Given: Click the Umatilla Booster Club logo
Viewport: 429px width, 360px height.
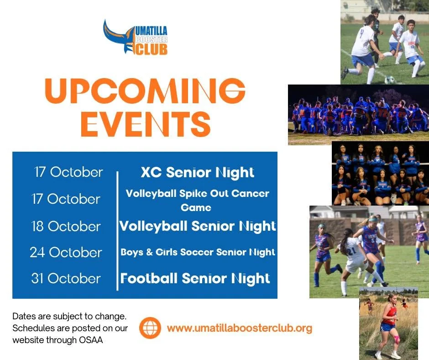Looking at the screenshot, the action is (136, 37).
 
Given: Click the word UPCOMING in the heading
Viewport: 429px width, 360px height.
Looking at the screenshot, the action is (145, 91).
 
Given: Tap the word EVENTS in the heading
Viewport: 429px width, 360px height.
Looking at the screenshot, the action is (146, 124).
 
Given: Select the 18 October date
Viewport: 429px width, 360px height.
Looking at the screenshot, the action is (66, 226).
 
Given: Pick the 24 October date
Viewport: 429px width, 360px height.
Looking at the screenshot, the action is (66, 252).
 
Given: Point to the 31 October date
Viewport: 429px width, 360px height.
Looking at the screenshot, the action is (66, 278).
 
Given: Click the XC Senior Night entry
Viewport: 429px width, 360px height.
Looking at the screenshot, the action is (198, 173).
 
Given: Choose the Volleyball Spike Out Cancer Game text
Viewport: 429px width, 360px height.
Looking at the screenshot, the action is (198, 200).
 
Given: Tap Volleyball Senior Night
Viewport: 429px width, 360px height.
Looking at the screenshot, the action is (198, 226).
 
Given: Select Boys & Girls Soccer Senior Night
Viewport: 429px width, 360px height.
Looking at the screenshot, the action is (198, 252).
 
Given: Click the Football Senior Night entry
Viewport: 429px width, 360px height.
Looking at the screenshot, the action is (195, 278).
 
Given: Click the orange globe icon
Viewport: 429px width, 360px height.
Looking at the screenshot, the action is (150, 328).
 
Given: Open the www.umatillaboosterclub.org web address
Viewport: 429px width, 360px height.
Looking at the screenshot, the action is (240, 328).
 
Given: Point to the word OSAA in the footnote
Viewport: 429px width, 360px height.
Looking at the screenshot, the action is (91, 340).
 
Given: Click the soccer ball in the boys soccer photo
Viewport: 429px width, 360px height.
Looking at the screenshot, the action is (389, 80).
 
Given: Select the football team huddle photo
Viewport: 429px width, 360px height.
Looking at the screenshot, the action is (358, 115).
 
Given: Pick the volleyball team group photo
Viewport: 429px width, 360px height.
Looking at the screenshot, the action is (380, 173).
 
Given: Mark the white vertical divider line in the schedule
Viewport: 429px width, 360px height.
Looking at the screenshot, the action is (117, 231).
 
